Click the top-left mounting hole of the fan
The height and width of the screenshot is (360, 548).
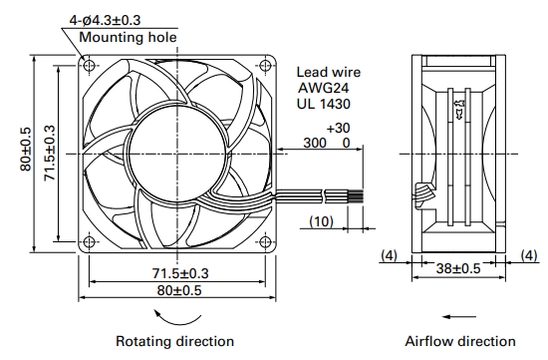coord(89,65)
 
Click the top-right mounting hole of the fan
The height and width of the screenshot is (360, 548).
coord(266,65)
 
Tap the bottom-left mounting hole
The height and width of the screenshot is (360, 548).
coord(89,241)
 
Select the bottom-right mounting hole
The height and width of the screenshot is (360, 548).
coord(266,241)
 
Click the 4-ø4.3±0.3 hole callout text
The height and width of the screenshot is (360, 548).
coord(105,20)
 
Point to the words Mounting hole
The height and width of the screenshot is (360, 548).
coord(128,37)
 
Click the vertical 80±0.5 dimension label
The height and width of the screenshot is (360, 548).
coord(26,149)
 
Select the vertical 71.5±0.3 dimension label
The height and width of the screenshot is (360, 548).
coord(50,154)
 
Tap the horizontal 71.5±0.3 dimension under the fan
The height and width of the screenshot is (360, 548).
coord(180,273)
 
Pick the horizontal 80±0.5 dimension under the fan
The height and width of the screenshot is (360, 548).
coord(179,290)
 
